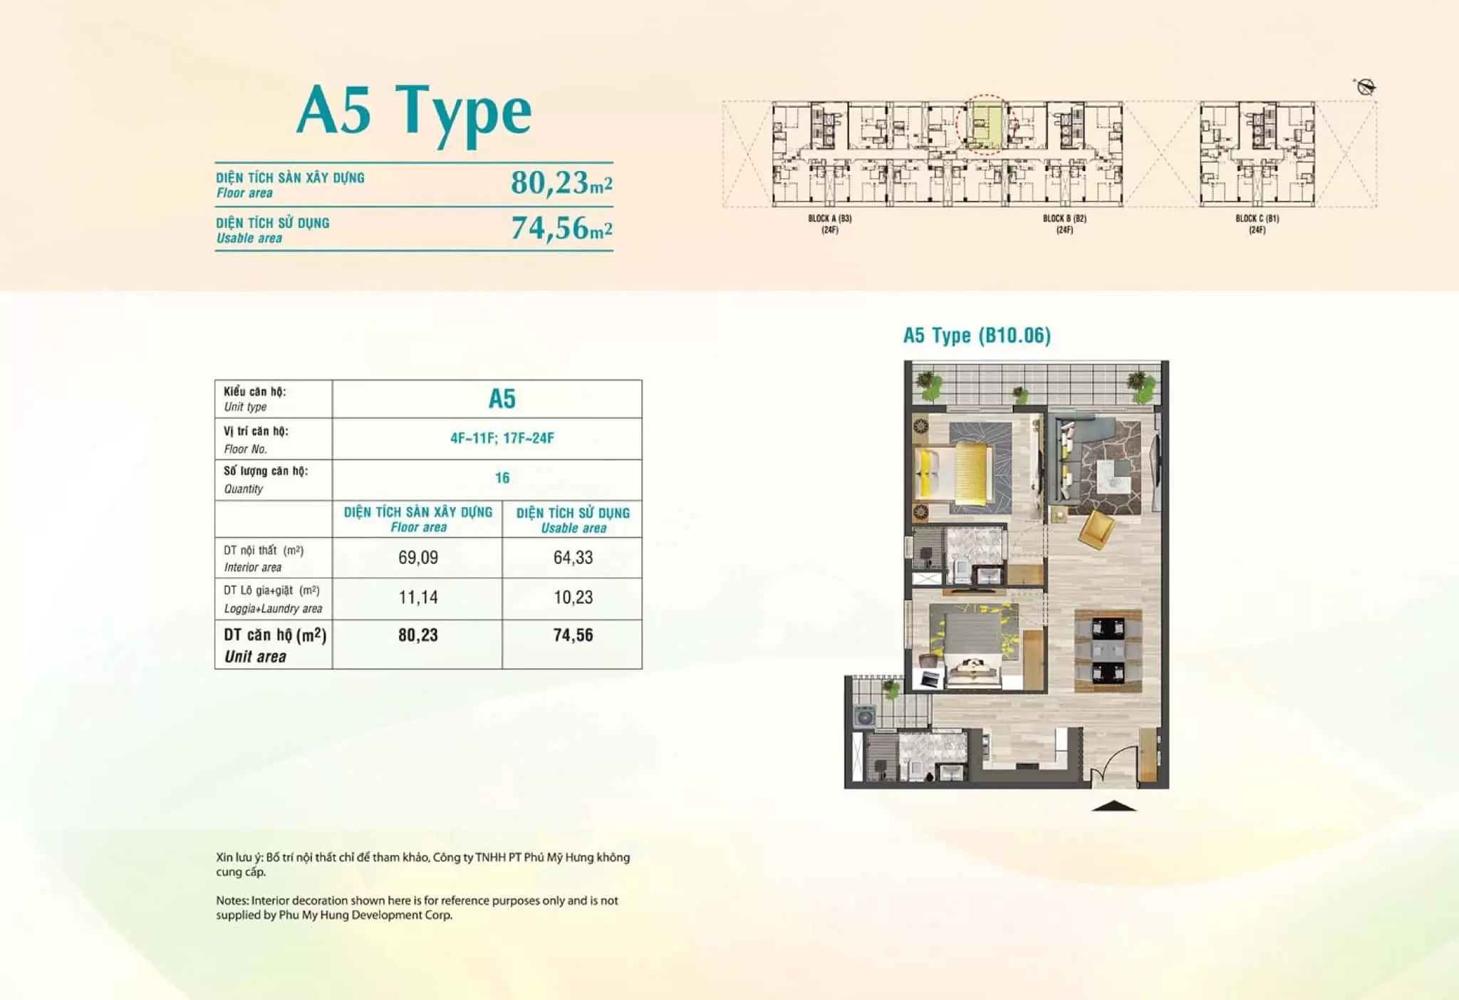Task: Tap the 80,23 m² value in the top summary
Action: tap(561, 183)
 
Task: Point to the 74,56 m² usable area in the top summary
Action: tap(561, 228)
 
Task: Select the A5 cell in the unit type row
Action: tap(502, 399)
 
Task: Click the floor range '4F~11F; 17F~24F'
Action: tap(502, 438)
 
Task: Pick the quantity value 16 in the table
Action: tap(502, 478)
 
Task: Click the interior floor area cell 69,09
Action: tap(418, 558)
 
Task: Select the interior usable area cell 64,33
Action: tap(573, 558)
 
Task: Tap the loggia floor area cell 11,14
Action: tap(418, 598)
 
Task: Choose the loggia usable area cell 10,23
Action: tap(573, 598)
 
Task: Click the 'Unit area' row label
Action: tap(255, 657)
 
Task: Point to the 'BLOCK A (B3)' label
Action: tap(830, 219)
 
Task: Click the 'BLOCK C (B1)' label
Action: tap(1257, 219)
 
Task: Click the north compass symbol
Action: tap(1366, 87)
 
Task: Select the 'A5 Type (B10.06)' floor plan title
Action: tap(977, 335)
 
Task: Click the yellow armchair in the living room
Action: tap(1096, 529)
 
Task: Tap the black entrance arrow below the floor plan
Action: tap(1113, 806)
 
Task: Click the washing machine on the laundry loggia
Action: tap(864, 716)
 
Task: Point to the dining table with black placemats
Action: tap(1108, 650)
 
